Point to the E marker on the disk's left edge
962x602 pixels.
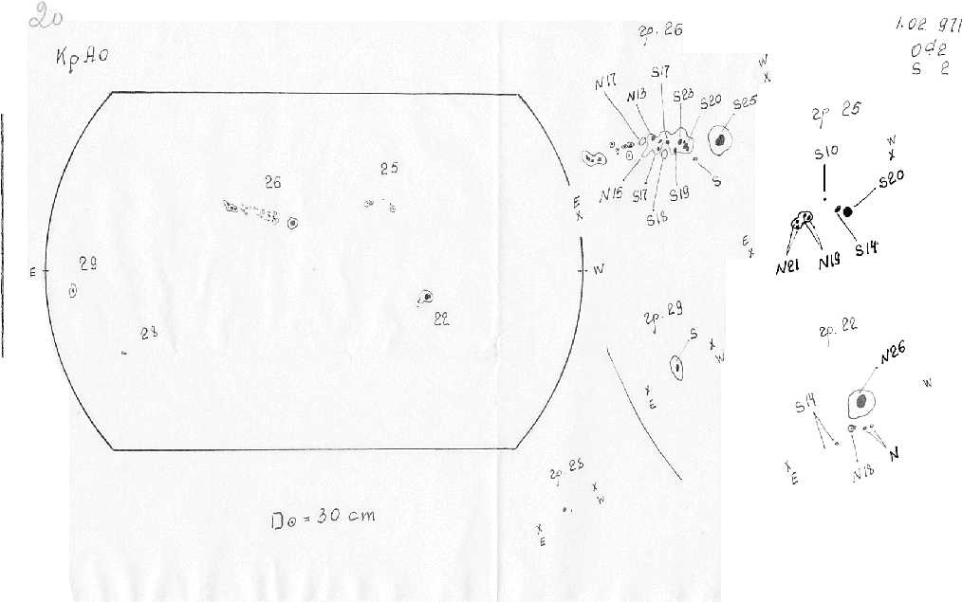tap(33, 272)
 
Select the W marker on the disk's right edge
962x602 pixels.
tap(598, 269)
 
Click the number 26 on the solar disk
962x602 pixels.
tap(273, 182)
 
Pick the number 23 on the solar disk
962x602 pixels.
tap(148, 332)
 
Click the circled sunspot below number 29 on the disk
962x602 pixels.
tap(74, 292)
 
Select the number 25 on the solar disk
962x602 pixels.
tap(388, 169)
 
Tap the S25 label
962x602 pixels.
tap(745, 102)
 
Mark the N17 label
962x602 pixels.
tap(606, 84)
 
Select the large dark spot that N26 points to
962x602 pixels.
tap(860, 403)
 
